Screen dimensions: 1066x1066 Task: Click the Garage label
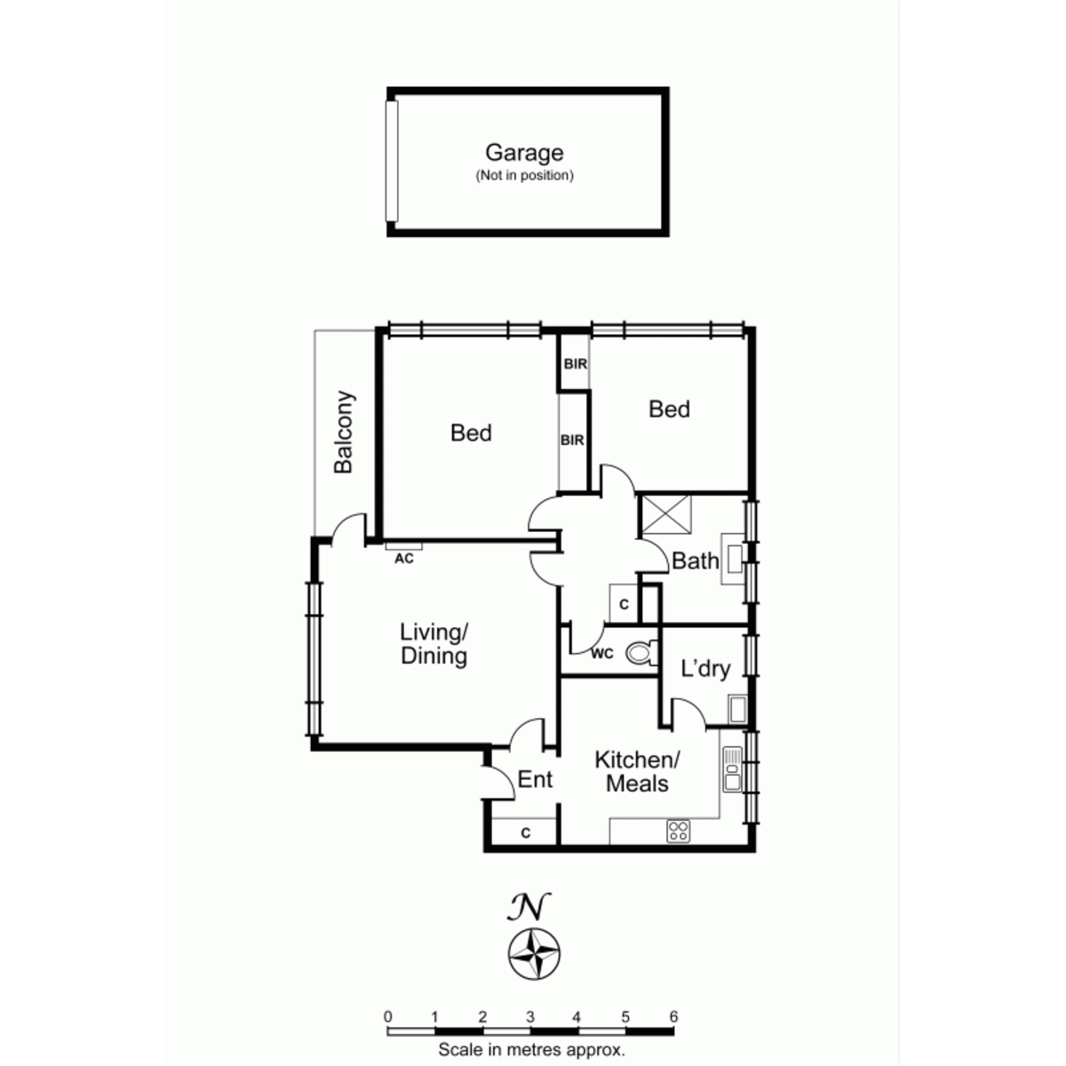524,153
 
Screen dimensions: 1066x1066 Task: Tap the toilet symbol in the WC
641,652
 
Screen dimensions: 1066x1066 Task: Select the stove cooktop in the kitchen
678,831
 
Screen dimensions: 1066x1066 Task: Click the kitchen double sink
732,769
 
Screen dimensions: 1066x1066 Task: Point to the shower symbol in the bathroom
666,514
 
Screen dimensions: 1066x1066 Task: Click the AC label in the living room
404,559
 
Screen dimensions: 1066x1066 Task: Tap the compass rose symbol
534,954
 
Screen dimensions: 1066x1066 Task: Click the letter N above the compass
529,907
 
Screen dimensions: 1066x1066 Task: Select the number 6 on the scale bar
672,1016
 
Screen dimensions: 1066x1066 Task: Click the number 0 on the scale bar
388,1016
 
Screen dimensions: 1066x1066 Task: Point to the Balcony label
344,432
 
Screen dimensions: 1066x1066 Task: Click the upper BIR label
576,364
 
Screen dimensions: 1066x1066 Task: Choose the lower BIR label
572,440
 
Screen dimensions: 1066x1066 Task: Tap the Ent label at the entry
535,779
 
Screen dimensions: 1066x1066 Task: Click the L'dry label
705,669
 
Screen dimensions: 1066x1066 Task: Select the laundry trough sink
737,709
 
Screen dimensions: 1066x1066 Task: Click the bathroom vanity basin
734,559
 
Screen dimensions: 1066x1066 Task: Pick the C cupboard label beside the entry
526,832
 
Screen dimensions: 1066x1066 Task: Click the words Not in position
524,176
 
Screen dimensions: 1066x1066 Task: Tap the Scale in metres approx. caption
531,1049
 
